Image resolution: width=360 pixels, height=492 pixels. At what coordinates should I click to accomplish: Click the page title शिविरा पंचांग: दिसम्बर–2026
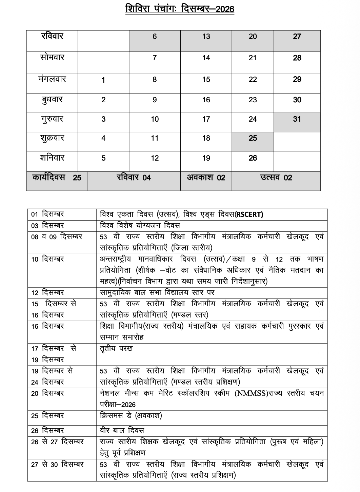coord(180,8)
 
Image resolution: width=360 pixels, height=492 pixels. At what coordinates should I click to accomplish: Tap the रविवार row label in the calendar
coord(52,36)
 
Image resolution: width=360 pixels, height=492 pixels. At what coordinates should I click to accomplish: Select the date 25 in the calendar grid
coord(253,138)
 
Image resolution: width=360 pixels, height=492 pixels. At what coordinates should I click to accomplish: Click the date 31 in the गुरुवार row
coord(297,119)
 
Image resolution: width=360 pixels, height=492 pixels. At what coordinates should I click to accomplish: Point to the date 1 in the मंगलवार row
coord(103,80)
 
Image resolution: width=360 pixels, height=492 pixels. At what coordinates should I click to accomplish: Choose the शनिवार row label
coord(52,158)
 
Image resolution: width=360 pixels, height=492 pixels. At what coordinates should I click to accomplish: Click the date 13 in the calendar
coord(206,37)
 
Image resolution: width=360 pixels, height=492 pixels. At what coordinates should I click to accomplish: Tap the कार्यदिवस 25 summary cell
coord(57,177)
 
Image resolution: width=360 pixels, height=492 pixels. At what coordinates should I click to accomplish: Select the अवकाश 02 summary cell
coord(206,178)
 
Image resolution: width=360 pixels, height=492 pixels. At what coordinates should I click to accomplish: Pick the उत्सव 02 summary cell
coord(276,178)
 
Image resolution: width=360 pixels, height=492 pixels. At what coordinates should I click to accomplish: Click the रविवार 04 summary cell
coord(134,178)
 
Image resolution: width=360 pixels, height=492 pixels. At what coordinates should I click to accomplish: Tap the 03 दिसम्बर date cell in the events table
coord(47,226)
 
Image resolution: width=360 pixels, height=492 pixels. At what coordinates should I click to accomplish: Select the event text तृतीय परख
coord(116,349)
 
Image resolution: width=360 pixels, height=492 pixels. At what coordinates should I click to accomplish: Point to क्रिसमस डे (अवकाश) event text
coord(131,415)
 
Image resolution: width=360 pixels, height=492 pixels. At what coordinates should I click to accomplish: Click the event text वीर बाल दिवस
coord(122,431)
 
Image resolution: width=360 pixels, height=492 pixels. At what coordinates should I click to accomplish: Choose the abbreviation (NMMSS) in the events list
coord(251,393)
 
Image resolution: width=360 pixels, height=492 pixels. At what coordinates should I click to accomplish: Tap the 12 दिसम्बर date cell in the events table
coord(47,293)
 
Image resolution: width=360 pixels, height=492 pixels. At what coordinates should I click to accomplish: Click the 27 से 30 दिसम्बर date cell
coord(57,465)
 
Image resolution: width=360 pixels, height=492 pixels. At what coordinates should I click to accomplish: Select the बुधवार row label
coord(52,100)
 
